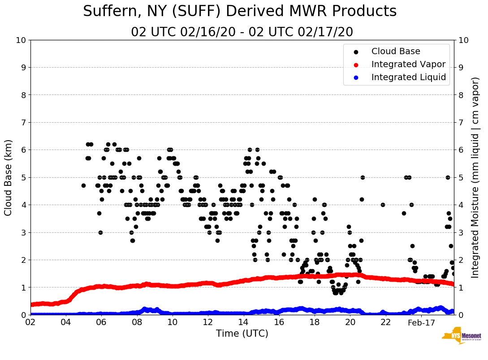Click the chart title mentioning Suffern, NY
click(x=240, y=11)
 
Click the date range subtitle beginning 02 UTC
click(x=242, y=32)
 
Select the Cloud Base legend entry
click(x=396, y=51)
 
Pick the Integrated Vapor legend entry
click(x=408, y=64)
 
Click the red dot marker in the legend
click(x=356, y=64)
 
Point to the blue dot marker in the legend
click(x=356, y=77)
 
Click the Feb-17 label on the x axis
click(x=421, y=322)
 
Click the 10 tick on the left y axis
click(x=21, y=40)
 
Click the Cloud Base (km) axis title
click(x=9, y=177)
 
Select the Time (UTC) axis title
click(x=242, y=334)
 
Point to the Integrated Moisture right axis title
click(x=475, y=177)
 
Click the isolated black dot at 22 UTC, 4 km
click(x=383, y=205)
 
